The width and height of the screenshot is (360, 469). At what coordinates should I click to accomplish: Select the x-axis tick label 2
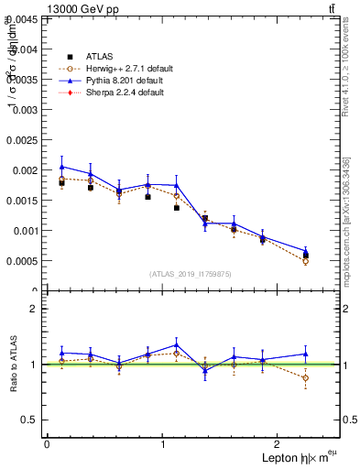point(280,444)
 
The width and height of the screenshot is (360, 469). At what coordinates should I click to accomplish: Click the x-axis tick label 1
point(163,444)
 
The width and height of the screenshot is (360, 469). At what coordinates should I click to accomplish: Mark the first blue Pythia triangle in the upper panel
point(61,167)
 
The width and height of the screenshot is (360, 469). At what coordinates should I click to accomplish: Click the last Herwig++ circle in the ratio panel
point(305,377)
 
